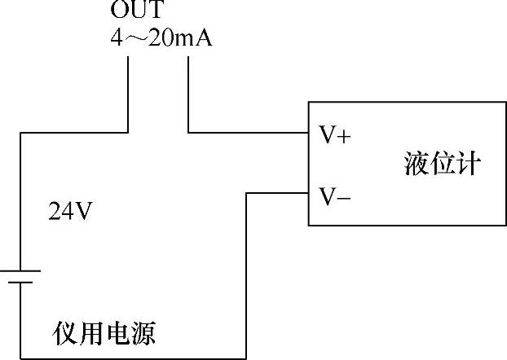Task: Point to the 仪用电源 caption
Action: pos(104,332)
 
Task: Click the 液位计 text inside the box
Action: pos(443,163)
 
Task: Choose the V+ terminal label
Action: pos(334,135)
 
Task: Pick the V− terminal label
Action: pos(334,195)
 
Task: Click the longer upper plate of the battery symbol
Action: pos(20,272)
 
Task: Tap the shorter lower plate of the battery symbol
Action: pos(20,283)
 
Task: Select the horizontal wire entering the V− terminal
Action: pos(277,193)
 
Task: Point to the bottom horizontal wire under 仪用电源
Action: pos(130,358)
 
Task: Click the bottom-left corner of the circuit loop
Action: pos(20,358)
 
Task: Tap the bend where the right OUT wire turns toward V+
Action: pos(188,131)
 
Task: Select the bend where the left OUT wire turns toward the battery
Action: pos(129,131)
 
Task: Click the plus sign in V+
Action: pos(343,136)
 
